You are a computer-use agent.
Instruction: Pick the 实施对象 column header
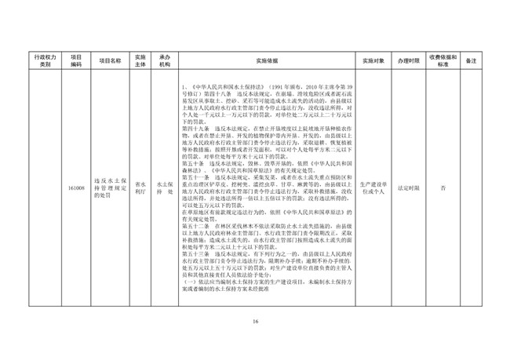(373, 60)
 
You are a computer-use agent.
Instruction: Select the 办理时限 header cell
(409, 60)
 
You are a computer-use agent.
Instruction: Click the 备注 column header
(472, 60)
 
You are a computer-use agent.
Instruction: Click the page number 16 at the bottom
(255, 322)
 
